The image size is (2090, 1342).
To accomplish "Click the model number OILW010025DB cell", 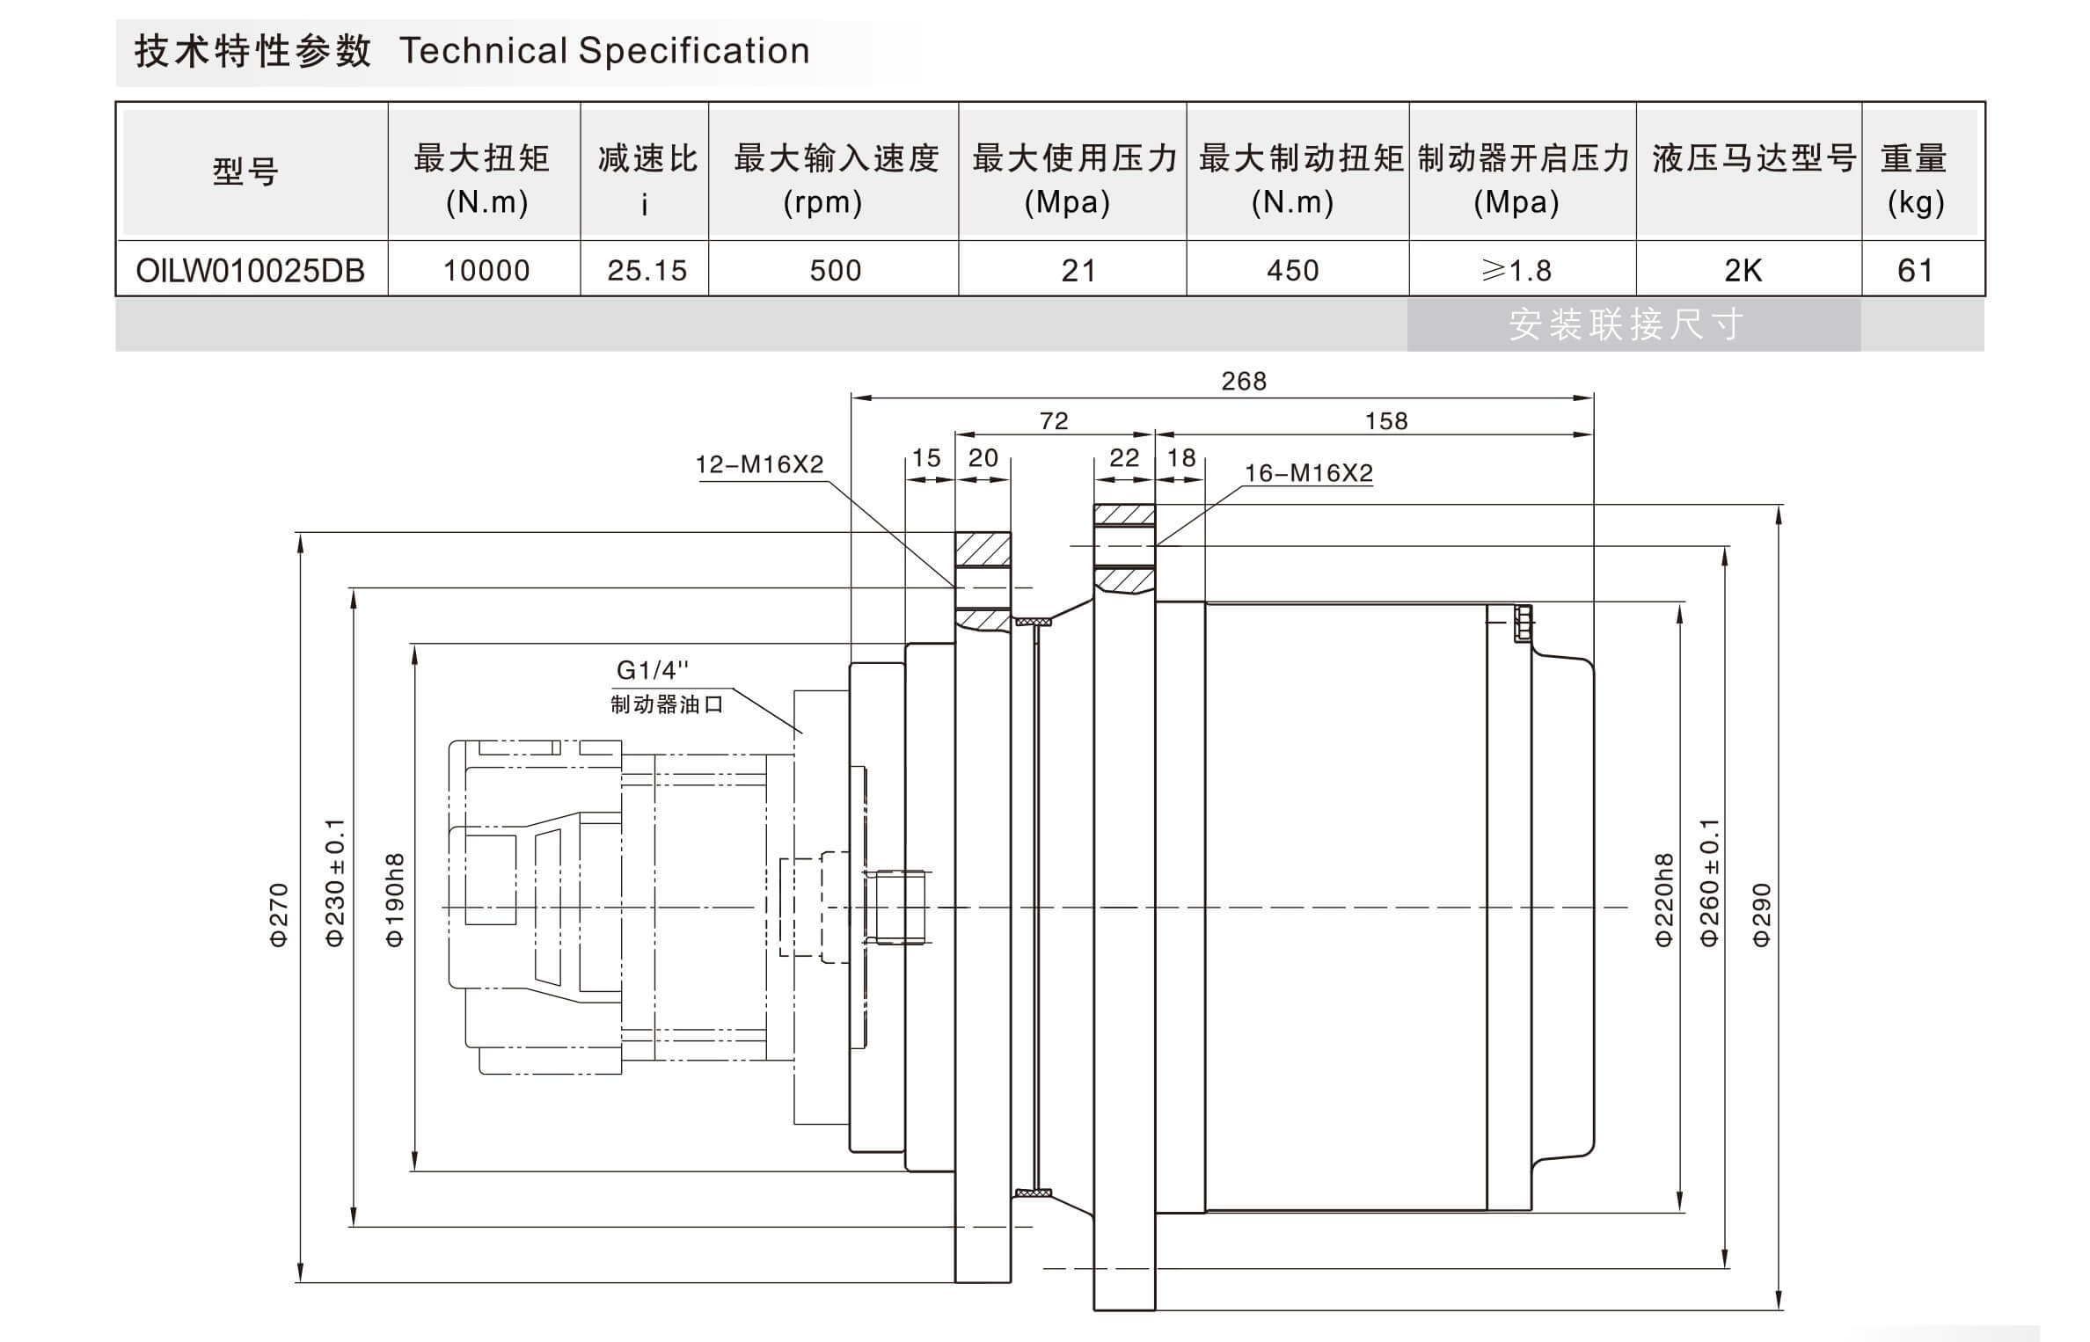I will [250, 270].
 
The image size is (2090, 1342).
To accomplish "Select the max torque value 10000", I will [486, 270].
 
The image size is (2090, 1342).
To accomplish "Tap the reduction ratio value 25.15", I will [647, 270].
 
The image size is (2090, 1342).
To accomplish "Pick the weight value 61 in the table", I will [1915, 270].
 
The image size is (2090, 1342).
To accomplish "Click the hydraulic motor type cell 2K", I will [1743, 270].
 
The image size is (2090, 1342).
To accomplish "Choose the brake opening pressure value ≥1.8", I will [1516, 270].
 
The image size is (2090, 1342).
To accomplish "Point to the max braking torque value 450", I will [1292, 270].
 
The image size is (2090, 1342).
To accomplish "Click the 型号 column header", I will [245, 171].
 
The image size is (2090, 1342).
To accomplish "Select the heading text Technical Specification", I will [604, 51].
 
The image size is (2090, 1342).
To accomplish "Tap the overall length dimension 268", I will [1243, 382].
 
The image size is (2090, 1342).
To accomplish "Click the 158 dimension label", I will [1385, 421].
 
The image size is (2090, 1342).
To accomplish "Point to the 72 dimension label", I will [1053, 421].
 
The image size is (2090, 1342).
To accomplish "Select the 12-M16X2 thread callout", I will [759, 464].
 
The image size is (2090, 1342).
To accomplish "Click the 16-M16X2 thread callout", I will [1308, 473].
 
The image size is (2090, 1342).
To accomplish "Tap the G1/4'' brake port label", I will [652, 670].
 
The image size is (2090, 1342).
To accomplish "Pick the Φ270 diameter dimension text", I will [278, 915].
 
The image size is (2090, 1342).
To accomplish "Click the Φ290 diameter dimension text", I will [1761, 915].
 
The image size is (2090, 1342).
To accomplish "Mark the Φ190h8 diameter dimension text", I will [395, 900].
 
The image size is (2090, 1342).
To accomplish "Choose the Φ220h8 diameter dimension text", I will [1663, 900].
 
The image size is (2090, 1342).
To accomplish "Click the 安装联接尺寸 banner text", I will [1626, 325].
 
